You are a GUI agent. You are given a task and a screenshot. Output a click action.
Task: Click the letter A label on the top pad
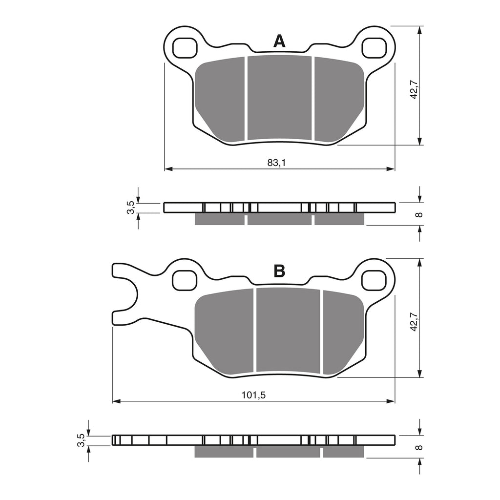click(279, 41)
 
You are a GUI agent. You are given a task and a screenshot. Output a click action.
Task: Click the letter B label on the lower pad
click(279, 271)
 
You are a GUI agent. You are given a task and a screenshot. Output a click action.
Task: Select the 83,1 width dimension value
click(276, 163)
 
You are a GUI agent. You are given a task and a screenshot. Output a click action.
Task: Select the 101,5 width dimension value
click(253, 395)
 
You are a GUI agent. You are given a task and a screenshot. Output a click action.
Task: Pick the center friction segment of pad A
click(279, 98)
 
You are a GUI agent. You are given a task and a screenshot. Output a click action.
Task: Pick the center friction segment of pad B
click(288, 330)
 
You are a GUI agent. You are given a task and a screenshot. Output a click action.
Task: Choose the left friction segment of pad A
click(220, 98)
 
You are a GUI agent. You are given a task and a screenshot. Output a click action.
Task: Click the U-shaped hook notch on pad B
click(128, 293)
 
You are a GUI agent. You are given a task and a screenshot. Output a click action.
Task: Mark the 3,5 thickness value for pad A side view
click(130, 208)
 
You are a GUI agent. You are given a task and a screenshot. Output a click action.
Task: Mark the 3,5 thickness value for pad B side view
click(80, 440)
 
